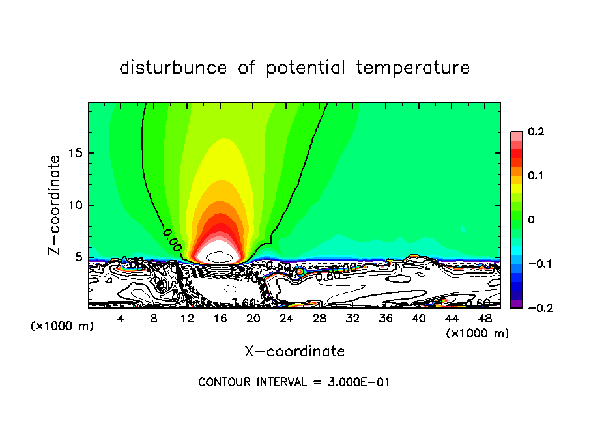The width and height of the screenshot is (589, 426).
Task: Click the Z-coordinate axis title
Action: (x=55, y=205)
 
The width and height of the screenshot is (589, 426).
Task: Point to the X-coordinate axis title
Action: (x=294, y=351)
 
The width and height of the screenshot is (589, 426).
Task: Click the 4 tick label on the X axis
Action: (x=121, y=319)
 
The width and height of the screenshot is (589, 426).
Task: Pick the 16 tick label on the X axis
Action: (x=220, y=319)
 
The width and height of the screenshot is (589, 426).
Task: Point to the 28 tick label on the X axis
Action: (x=319, y=319)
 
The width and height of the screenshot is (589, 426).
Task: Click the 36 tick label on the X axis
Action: (x=386, y=319)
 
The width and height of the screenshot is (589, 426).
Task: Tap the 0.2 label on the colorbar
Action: (x=536, y=132)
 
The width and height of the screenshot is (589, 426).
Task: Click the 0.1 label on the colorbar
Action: (x=536, y=175)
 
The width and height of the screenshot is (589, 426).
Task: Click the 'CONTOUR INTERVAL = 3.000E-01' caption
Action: (x=294, y=382)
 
